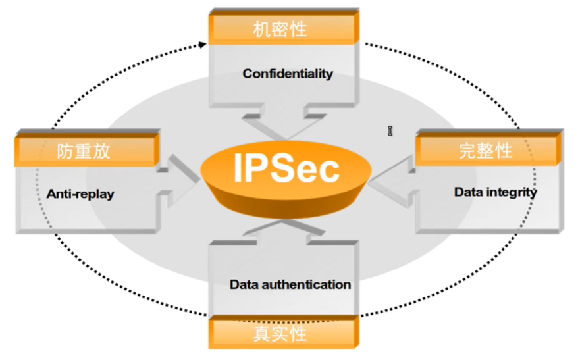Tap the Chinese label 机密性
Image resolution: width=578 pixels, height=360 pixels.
[280, 29]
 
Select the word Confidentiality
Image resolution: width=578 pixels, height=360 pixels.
[288, 74]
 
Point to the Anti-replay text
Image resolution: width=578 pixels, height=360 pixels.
[80, 194]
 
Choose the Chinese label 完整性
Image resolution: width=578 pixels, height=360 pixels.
[485, 151]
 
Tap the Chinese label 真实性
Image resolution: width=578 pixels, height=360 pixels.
[280, 333]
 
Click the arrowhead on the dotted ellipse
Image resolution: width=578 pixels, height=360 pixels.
[201, 45]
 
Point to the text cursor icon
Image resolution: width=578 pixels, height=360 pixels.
[390, 132]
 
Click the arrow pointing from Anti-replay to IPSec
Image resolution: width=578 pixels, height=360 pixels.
[179, 172]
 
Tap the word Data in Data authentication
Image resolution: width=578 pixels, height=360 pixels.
[244, 285]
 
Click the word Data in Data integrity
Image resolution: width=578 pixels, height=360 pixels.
[469, 192]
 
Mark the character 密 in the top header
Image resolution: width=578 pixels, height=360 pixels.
[280, 29]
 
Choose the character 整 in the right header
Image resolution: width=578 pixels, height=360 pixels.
[485, 151]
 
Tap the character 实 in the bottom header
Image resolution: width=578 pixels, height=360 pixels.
[280, 333]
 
